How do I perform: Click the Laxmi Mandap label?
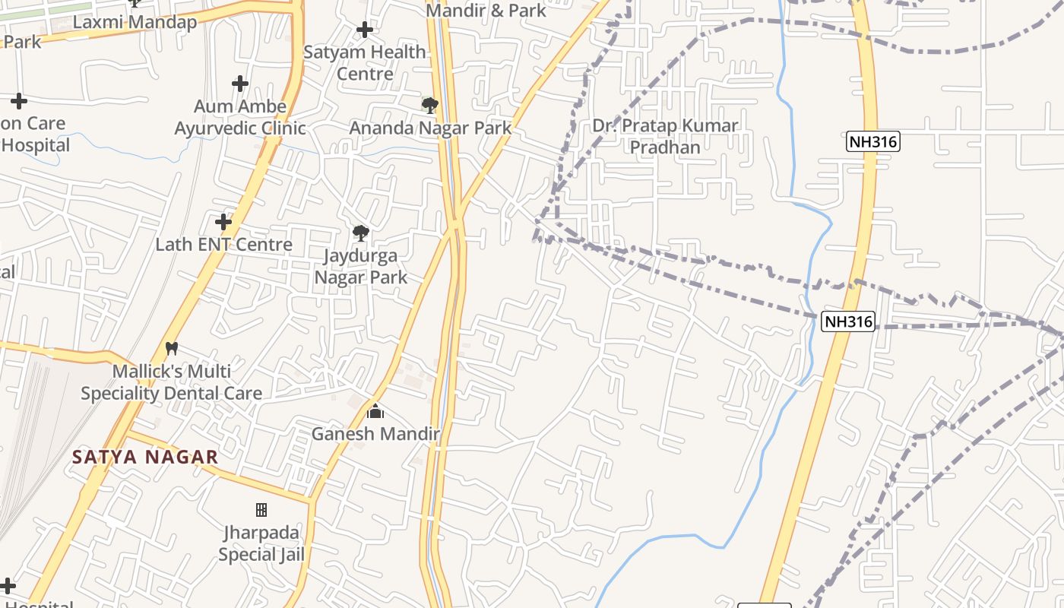click(135, 22)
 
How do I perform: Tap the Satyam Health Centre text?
click(365, 62)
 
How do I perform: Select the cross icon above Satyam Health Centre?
click(365, 30)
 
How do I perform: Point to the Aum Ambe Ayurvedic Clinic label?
click(240, 117)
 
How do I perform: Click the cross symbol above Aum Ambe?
click(240, 84)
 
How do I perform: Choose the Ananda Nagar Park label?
click(430, 128)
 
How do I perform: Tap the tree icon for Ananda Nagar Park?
click(430, 105)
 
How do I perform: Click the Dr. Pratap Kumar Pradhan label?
click(665, 136)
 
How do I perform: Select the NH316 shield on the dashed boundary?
click(849, 321)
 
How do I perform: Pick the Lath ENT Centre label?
click(223, 244)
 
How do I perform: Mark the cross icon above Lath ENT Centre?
click(223, 222)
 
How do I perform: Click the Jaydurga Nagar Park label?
click(361, 266)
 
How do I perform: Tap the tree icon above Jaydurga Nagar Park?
click(361, 233)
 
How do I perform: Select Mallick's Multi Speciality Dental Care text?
click(172, 382)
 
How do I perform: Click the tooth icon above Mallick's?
click(172, 349)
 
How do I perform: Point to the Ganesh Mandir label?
click(375, 434)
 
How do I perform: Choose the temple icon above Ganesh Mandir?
click(375, 412)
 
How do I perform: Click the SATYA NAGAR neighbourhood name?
click(145, 457)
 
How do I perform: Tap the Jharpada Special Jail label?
click(261, 543)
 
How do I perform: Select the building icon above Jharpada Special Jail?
click(261, 509)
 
